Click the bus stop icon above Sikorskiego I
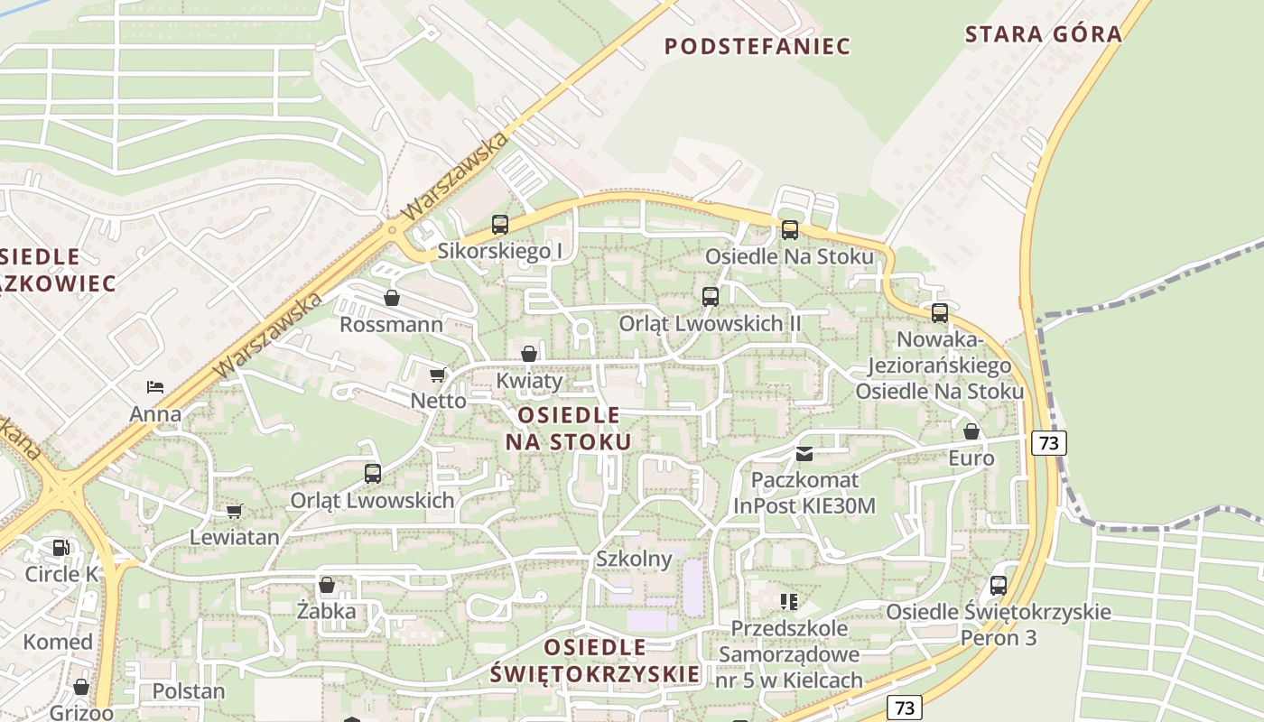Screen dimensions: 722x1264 tap(499, 225)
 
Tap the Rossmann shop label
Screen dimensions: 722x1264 tap(391, 324)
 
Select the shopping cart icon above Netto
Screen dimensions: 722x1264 tap(438, 375)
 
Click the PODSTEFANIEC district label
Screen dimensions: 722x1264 tap(757, 46)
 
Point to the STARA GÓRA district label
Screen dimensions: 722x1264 tap(1043, 34)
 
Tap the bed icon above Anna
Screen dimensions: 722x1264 tap(155, 387)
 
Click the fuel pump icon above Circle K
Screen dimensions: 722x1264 tap(60, 547)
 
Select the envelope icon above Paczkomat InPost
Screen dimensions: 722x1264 tap(804, 453)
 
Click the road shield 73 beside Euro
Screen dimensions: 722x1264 tap(1048, 442)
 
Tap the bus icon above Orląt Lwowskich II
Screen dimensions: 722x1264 tap(710, 296)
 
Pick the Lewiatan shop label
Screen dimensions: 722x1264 tap(235, 537)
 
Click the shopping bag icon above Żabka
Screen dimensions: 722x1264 tap(327, 585)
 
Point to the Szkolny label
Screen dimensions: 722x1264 tap(634, 559)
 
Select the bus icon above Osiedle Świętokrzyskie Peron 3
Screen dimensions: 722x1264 tap(998, 585)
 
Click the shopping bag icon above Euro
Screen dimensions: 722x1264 tap(971, 431)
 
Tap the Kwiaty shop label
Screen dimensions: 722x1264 tap(529, 380)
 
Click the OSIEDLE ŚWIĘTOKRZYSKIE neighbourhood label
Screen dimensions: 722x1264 tap(596, 660)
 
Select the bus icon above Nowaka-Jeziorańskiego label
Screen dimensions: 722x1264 tap(939, 313)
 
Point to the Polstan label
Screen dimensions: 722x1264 tap(188, 691)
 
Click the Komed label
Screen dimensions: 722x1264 tap(58, 642)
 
